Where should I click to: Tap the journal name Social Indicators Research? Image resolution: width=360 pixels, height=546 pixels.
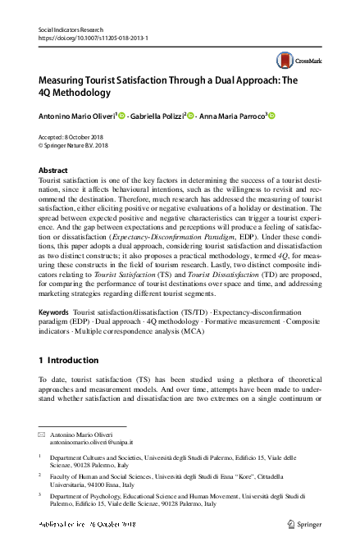(73, 30)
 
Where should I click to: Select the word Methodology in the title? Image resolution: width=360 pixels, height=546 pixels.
(100, 96)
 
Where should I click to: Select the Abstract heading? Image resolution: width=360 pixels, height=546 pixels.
(53, 170)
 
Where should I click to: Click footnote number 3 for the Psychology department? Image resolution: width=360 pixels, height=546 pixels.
(40, 497)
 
